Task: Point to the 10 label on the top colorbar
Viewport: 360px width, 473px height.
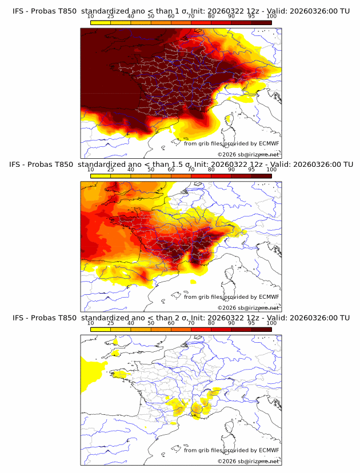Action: [x=90, y=16]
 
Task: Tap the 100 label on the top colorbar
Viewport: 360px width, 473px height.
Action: [x=271, y=16]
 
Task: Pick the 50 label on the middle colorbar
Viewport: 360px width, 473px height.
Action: [x=151, y=170]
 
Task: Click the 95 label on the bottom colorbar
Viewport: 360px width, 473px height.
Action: [x=251, y=323]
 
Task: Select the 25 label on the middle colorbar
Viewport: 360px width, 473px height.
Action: [x=110, y=170]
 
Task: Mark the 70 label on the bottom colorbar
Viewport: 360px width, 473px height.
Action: [x=191, y=323]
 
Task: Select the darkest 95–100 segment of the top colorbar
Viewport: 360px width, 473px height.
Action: [x=261, y=22]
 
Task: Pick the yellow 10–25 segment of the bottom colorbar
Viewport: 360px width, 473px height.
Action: [x=101, y=329]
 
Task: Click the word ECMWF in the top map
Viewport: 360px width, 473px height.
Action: [x=269, y=143]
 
